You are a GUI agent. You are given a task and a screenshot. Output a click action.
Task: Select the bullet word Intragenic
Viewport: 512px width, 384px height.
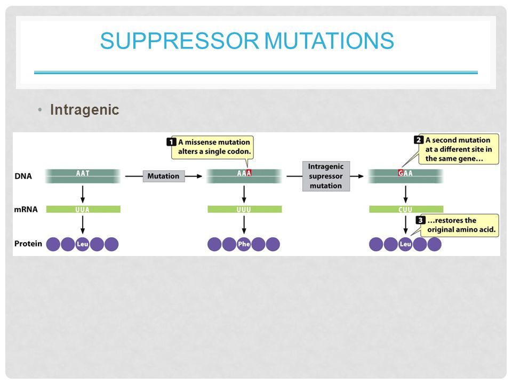click(84, 110)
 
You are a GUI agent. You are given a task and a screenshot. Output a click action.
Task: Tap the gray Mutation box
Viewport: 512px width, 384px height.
click(163, 175)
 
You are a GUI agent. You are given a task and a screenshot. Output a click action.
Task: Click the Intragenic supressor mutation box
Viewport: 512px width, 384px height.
click(325, 176)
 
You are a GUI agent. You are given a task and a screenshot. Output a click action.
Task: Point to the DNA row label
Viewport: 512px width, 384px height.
click(22, 175)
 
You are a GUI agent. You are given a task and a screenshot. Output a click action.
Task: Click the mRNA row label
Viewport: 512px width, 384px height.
click(26, 209)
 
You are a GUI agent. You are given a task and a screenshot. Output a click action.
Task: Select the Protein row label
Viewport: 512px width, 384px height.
click(28, 244)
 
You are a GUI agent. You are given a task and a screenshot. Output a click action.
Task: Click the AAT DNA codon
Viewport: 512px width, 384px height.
click(83, 173)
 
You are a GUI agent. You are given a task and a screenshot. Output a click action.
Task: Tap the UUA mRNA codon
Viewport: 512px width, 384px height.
click(83, 209)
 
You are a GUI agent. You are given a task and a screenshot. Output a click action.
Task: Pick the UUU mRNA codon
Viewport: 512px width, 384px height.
click(244, 209)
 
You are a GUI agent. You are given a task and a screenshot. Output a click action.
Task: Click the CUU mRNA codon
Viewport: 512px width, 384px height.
click(406, 209)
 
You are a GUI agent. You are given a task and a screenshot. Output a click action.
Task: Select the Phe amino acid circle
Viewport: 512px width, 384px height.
click(244, 244)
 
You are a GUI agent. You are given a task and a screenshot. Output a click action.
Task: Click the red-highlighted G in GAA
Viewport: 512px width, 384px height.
click(401, 173)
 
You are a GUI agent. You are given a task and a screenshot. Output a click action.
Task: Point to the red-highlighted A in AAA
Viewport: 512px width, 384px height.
click(249, 173)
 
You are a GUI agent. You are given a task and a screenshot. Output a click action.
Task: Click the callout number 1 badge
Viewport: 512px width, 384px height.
click(171, 142)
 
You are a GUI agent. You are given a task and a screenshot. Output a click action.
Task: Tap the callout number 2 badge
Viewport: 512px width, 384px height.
click(419, 140)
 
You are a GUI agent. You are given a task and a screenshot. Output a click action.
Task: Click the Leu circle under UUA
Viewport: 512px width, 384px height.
click(82, 244)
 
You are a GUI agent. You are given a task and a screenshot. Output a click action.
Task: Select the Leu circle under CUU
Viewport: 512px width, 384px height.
click(405, 244)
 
